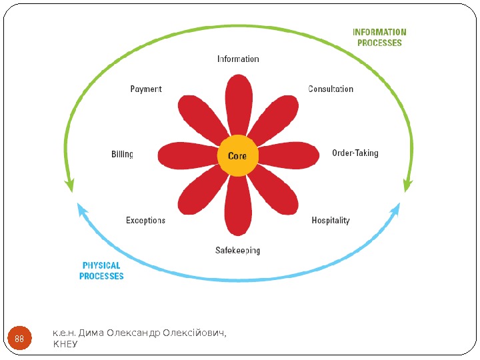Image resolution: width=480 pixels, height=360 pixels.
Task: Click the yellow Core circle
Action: [237, 157]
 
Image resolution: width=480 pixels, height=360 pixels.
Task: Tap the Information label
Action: [238, 59]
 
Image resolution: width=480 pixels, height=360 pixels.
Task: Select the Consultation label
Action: [331, 89]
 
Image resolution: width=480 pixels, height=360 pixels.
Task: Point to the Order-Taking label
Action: [355, 153]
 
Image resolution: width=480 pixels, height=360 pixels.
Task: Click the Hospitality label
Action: [331, 221]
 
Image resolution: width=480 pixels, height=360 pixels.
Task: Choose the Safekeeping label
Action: [237, 251]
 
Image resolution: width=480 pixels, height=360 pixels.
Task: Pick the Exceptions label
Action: [145, 221]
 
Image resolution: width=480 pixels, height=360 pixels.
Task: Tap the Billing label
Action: [122, 155]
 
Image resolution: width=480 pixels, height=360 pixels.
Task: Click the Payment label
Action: [145, 89]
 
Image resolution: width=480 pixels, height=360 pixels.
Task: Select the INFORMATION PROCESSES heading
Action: [379, 37]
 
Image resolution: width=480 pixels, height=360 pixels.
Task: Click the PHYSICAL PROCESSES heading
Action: [101, 271]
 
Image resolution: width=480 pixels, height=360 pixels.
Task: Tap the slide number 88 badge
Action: [19, 339]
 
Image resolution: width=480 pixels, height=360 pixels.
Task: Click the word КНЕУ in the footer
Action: [65, 345]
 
